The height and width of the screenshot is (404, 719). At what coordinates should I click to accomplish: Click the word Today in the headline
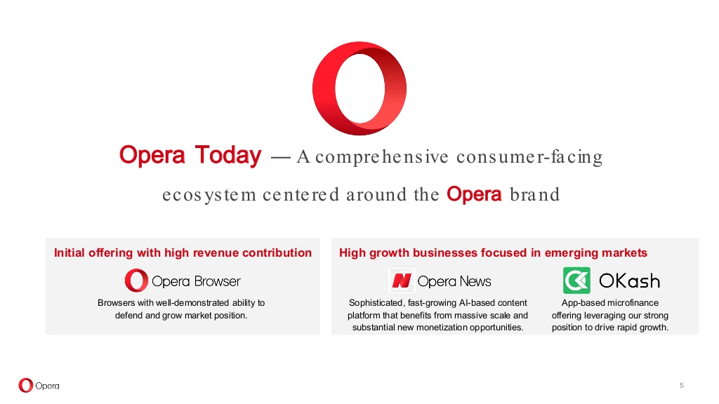(228, 155)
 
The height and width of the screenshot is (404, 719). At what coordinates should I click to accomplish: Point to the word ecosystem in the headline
(209, 195)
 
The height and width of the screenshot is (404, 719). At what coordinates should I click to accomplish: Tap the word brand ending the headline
(534, 194)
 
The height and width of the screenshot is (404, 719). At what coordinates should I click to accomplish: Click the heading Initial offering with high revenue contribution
(183, 252)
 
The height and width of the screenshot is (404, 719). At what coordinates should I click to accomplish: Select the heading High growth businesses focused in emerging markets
(493, 252)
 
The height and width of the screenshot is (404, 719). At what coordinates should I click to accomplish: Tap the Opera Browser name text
(196, 281)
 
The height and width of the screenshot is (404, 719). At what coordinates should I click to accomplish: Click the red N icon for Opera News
(401, 281)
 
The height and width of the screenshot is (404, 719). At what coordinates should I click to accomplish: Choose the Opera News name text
(454, 281)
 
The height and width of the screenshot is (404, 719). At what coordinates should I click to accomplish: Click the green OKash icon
(576, 281)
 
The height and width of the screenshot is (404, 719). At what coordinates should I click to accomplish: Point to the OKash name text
(629, 281)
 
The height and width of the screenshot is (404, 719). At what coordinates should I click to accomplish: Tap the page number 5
(681, 386)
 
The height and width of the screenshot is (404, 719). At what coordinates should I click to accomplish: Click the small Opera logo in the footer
(39, 386)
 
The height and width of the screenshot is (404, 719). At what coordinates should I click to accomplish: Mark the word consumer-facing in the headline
(529, 156)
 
